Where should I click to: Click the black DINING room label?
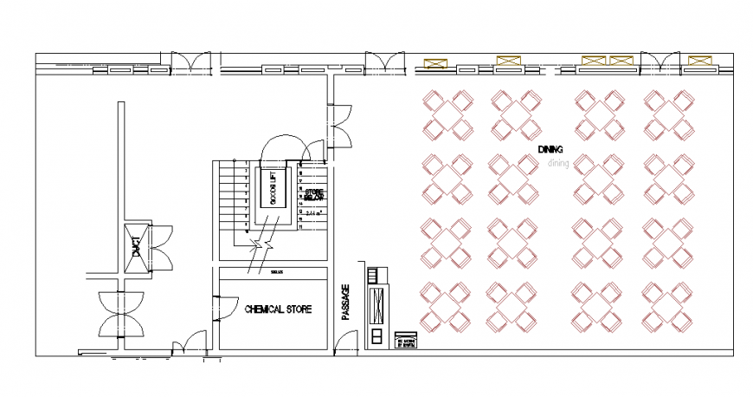(x=550, y=150)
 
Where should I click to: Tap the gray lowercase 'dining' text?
(x=558, y=162)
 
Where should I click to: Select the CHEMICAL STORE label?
(x=278, y=309)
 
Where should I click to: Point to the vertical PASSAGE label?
(x=345, y=303)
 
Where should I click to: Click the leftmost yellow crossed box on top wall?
(x=435, y=62)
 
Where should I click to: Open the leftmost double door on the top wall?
(x=190, y=64)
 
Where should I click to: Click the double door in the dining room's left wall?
(x=338, y=124)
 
